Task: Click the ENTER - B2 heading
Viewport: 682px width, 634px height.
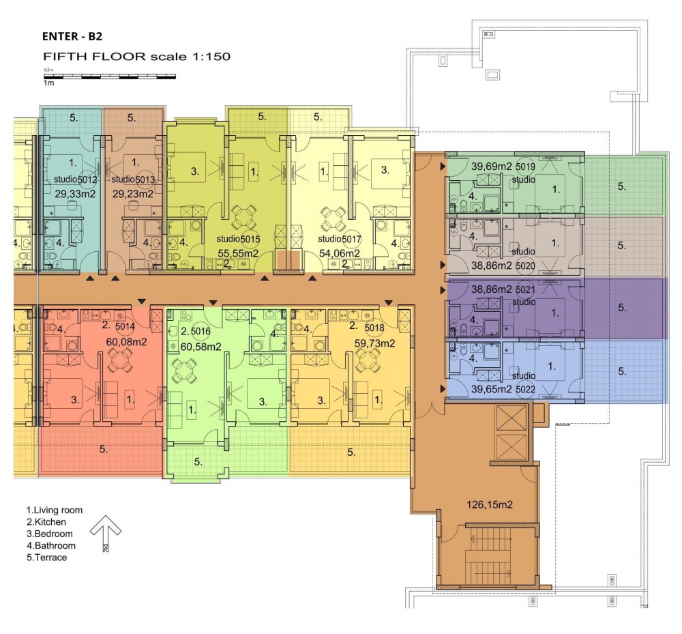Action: (72, 36)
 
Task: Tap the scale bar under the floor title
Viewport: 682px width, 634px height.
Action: (110, 76)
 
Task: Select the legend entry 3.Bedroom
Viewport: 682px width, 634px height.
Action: (50, 534)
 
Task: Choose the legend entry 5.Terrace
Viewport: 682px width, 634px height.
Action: (47, 558)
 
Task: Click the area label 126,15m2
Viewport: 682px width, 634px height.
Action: (490, 505)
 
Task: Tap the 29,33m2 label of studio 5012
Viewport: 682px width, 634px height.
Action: (75, 194)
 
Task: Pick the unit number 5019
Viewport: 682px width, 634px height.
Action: (525, 167)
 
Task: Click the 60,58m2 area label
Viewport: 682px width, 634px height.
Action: (201, 347)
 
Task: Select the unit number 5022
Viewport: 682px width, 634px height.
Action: (525, 390)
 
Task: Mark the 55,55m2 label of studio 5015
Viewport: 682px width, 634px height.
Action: (238, 253)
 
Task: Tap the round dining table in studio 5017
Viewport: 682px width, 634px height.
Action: (333, 218)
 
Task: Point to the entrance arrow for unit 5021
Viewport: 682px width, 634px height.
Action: (443, 290)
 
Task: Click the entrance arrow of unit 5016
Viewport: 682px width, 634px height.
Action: (213, 302)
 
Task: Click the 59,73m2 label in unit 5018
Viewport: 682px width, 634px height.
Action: (375, 343)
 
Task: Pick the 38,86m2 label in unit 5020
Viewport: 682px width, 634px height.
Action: (492, 265)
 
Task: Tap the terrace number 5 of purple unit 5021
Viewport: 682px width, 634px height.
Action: (622, 308)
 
